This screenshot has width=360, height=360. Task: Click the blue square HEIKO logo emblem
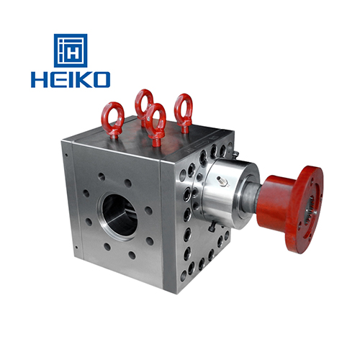coord(71,50)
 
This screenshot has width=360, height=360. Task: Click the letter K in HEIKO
coord(84,79)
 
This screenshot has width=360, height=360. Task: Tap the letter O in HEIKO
coord(102,79)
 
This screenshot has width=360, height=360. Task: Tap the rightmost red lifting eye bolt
coord(184,113)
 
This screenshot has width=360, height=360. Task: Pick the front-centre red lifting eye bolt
coord(156,124)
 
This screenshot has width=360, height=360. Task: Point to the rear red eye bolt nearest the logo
coord(143,106)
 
